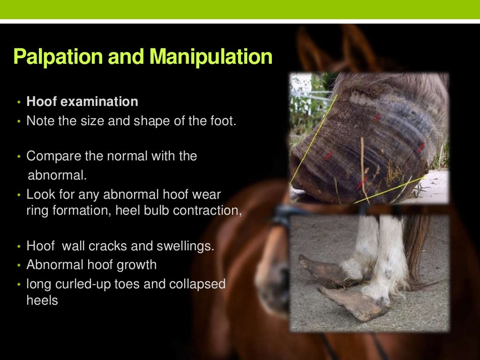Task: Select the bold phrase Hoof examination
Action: pos(82,102)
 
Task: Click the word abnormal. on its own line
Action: pos(58,175)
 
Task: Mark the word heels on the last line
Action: pos(42,300)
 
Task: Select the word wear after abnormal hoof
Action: pos(209,194)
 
